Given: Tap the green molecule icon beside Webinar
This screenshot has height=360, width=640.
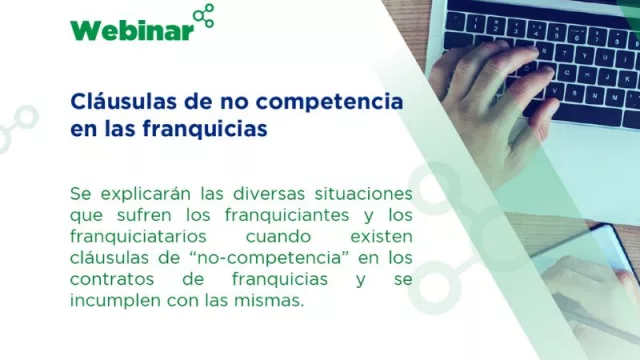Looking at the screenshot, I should click(x=203, y=17).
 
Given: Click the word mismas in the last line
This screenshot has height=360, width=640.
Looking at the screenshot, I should click(x=270, y=301).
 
